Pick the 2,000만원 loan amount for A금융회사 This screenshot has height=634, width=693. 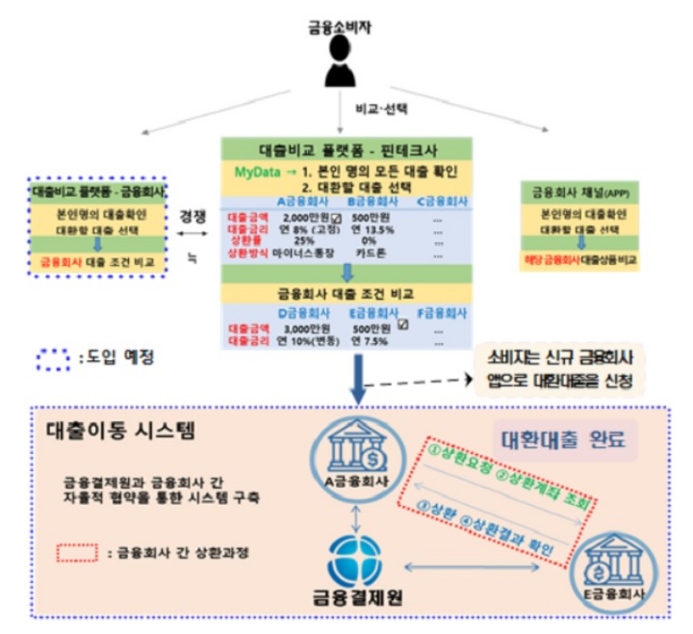click(297, 217)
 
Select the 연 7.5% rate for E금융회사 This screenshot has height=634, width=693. click(372, 340)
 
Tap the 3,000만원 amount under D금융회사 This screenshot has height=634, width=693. click(297, 328)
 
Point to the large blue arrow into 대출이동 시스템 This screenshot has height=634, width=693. click(359, 380)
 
